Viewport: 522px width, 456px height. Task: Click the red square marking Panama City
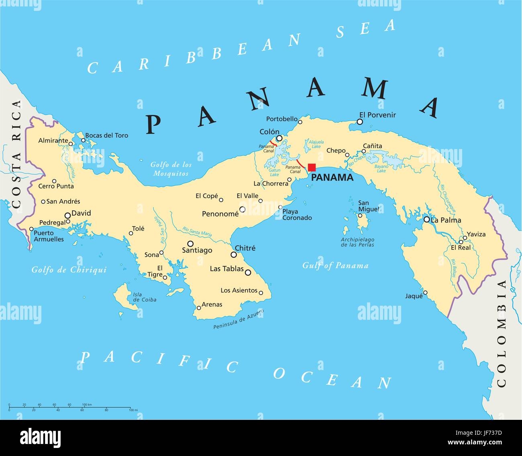[x=312, y=168]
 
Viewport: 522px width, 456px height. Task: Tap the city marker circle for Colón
[x=279, y=138]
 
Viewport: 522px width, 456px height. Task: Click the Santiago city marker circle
[x=190, y=243]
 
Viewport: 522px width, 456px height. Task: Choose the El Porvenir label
[x=377, y=115]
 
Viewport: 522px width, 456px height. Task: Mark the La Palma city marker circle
[x=426, y=219]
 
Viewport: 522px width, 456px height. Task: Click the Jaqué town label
[x=414, y=296]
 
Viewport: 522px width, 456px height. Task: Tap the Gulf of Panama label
[x=335, y=266]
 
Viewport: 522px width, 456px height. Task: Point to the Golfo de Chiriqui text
[x=69, y=270]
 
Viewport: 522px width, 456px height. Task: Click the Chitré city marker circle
[x=234, y=255]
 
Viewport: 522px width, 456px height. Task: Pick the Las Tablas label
[x=227, y=269]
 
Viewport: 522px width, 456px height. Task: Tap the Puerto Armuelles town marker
[x=31, y=229]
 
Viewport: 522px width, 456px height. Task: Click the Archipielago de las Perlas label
[x=357, y=242]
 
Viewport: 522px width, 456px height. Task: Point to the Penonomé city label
[x=220, y=214]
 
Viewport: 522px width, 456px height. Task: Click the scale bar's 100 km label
[x=87, y=404]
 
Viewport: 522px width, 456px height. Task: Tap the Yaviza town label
[x=476, y=234]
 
